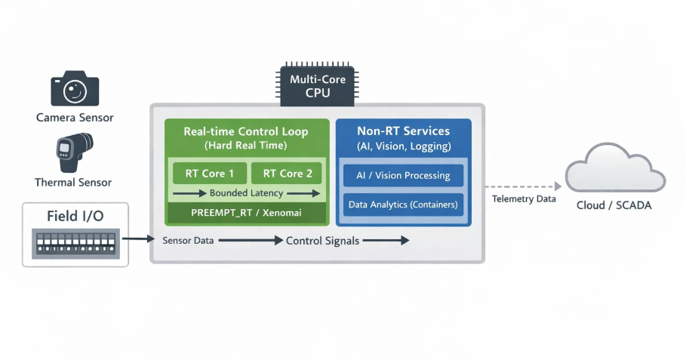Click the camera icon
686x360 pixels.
pos(75,89)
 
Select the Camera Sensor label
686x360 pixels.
pos(75,118)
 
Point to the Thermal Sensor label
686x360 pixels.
pos(73,183)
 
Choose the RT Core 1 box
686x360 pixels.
pos(210,173)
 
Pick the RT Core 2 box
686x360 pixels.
pos(287,173)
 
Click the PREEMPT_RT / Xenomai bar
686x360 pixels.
pos(247,213)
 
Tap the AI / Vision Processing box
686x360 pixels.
pos(403,175)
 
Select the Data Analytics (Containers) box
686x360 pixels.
pos(403,205)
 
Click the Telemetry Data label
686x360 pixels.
pos(524,198)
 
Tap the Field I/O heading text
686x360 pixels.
pos(75,217)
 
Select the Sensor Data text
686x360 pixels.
pos(188,241)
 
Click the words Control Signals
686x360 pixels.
pos(322,241)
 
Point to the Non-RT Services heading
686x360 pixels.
pos(403,131)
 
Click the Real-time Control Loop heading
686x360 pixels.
pos(246,131)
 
